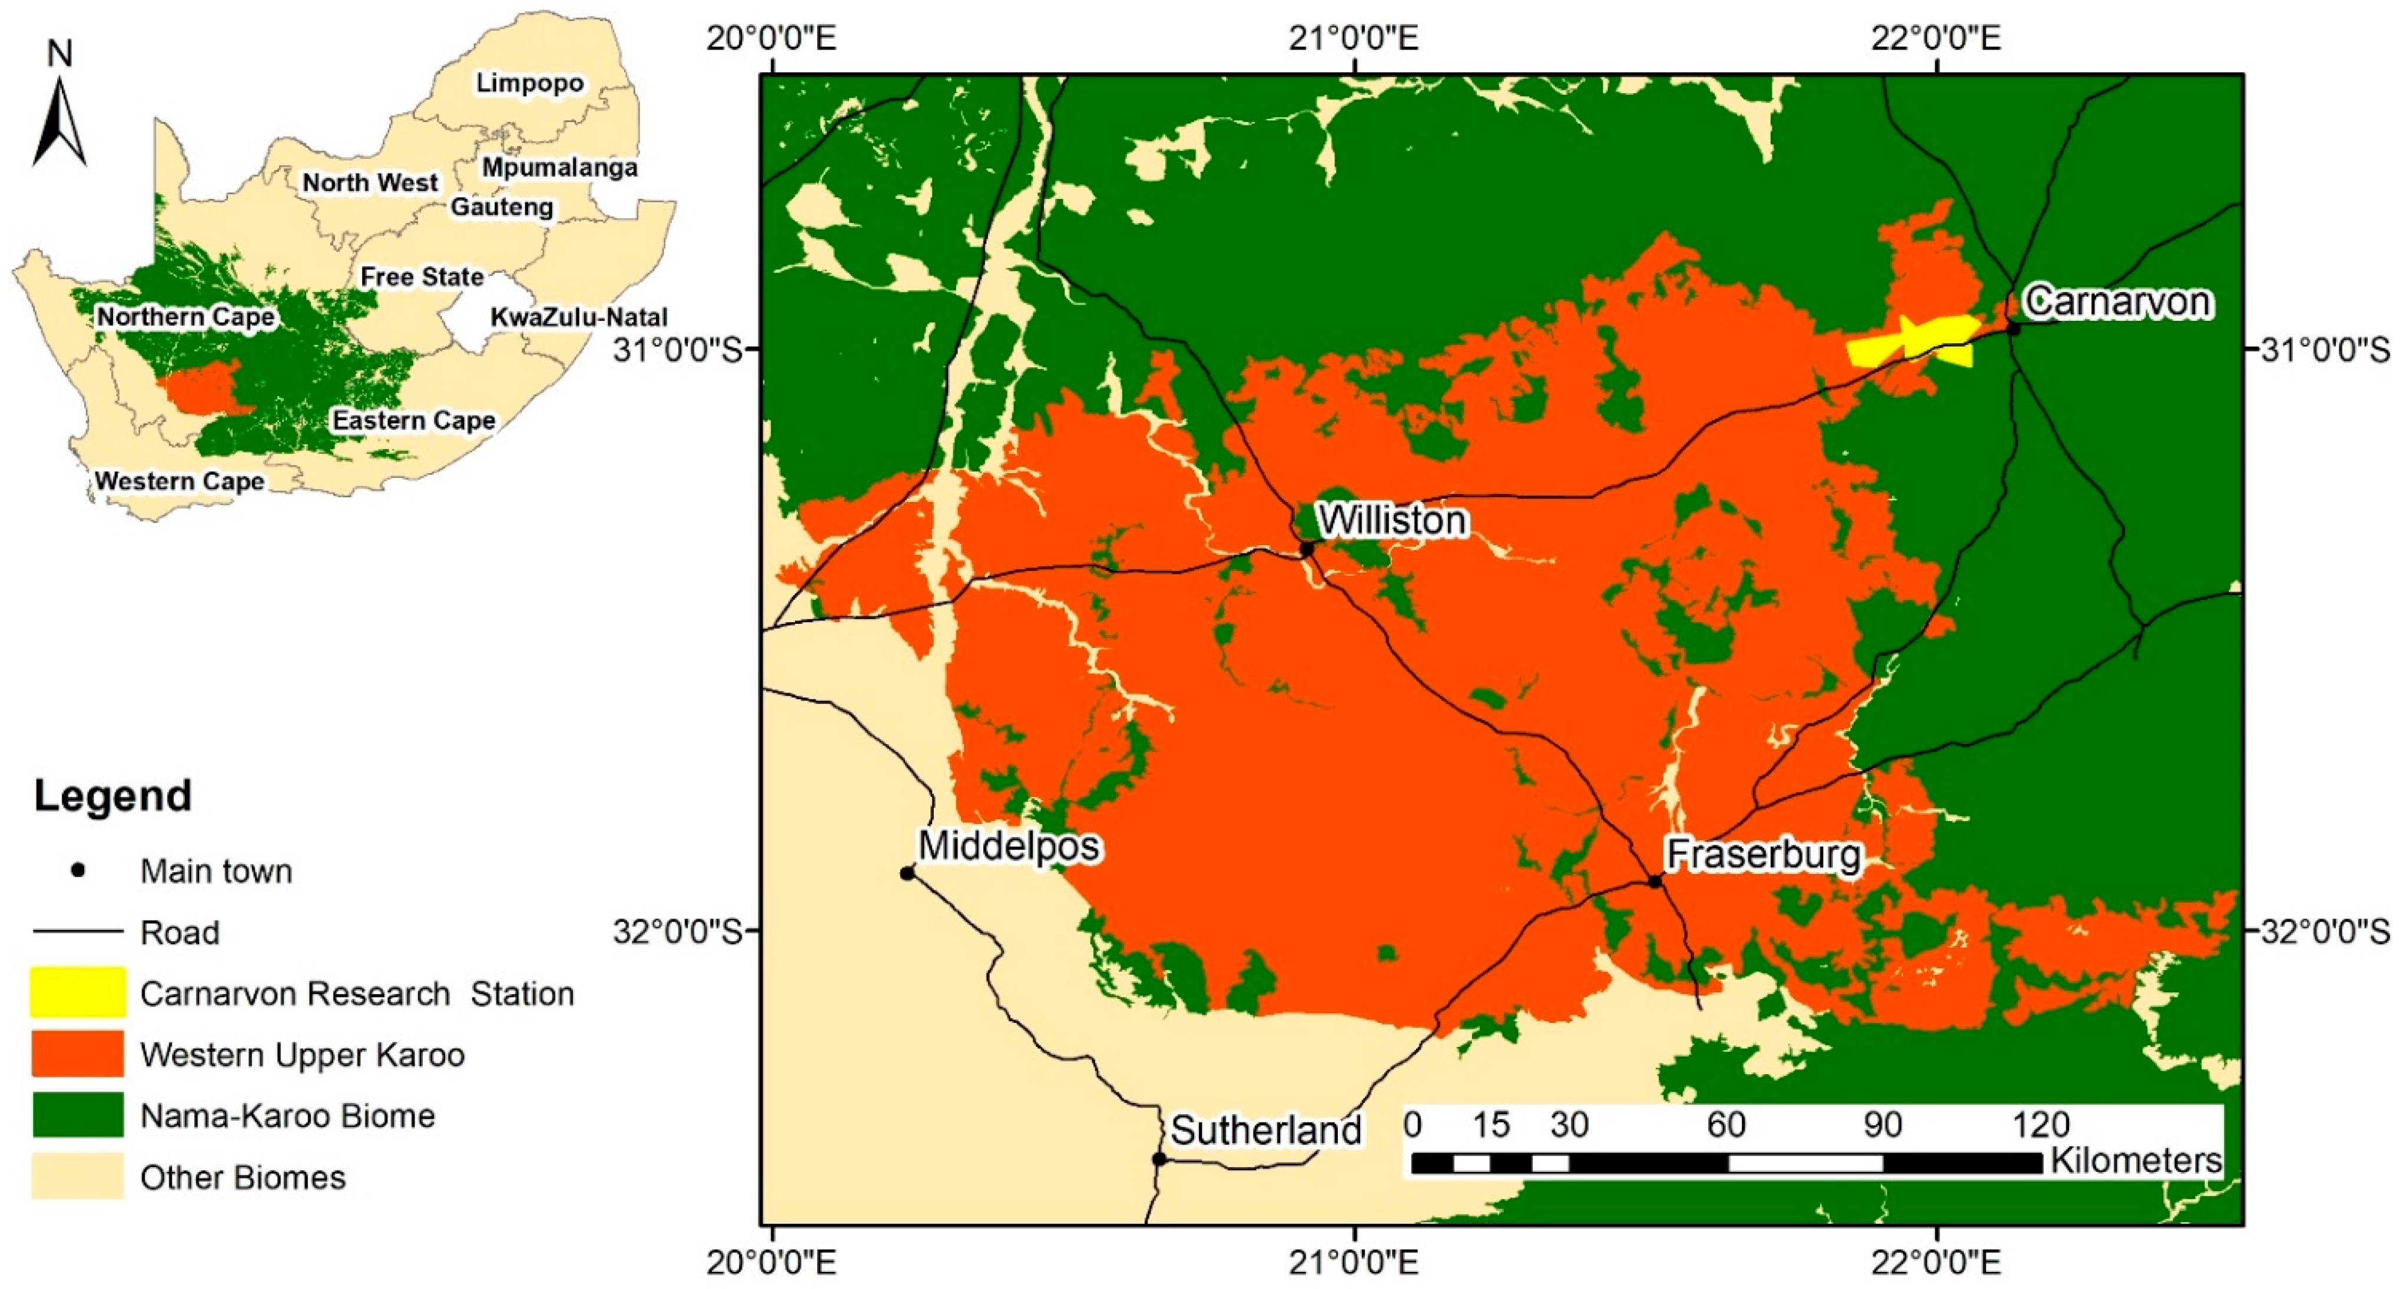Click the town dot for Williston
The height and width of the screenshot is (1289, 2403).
(1307, 549)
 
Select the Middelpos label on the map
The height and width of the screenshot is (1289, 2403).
(1009, 846)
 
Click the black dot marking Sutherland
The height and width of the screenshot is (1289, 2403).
(1159, 1160)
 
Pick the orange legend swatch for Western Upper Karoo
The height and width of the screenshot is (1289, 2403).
(77, 1054)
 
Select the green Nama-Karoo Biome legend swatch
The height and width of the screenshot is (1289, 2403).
(77, 1115)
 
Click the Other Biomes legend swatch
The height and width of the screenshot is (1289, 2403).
(77, 1176)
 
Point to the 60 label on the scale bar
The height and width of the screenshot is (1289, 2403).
(1726, 1125)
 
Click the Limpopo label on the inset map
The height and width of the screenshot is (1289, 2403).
(530, 83)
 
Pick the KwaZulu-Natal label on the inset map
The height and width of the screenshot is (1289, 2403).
(578, 317)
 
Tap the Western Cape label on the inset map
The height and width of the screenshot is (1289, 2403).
(179, 481)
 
